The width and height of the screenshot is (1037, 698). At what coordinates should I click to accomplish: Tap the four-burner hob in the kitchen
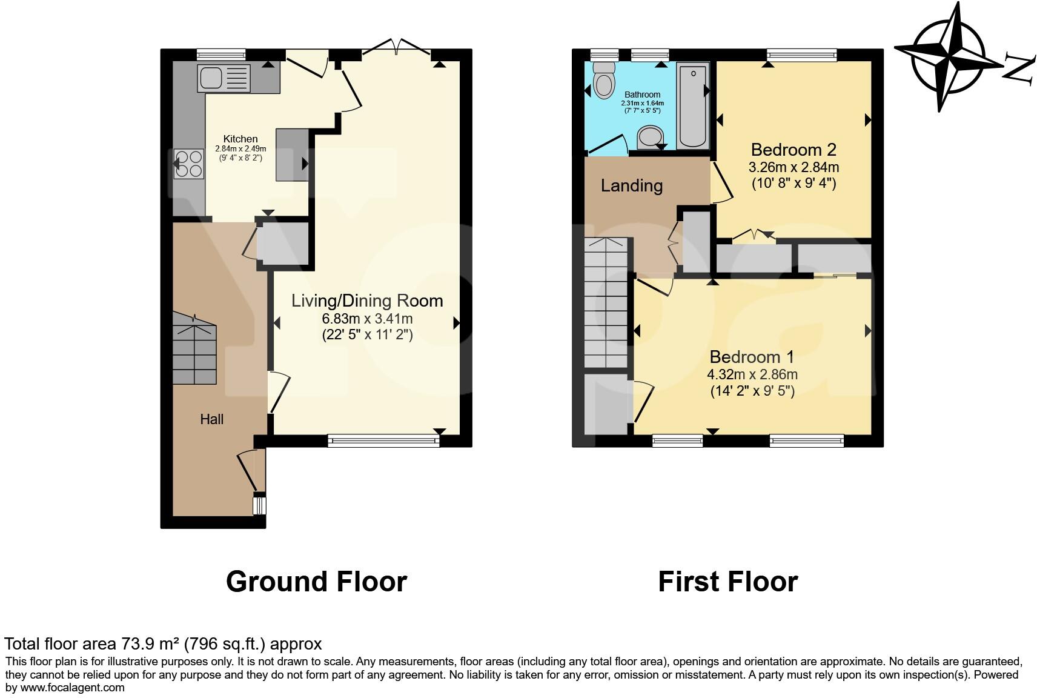[188, 164]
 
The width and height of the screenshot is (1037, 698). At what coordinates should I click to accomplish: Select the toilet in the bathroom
[603, 81]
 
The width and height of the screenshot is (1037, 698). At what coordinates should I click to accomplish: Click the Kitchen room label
[240, 139]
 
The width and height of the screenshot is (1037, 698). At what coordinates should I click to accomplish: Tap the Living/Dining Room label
[367, 301]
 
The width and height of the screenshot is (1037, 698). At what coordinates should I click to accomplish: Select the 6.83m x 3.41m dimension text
[367, 319]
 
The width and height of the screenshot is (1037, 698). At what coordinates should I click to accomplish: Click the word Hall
[212, 419]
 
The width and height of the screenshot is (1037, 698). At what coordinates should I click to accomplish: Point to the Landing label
[631, 185]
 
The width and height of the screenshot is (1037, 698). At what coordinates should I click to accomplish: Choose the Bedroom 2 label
[793, 149]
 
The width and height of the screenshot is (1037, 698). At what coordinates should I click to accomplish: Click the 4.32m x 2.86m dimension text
[752, 374]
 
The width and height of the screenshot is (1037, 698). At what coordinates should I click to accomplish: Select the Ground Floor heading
[316, 582]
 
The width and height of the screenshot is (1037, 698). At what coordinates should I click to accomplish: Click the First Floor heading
[727, 582]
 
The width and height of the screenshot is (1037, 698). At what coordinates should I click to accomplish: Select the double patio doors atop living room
[396, 47]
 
